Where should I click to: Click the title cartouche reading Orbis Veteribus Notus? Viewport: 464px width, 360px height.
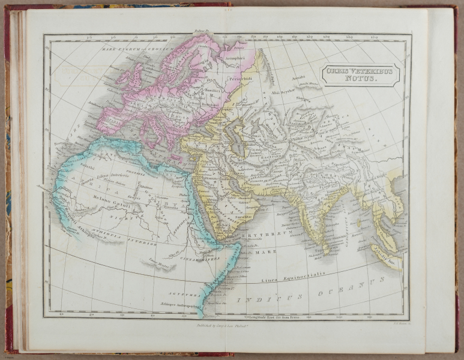(360, 75)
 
